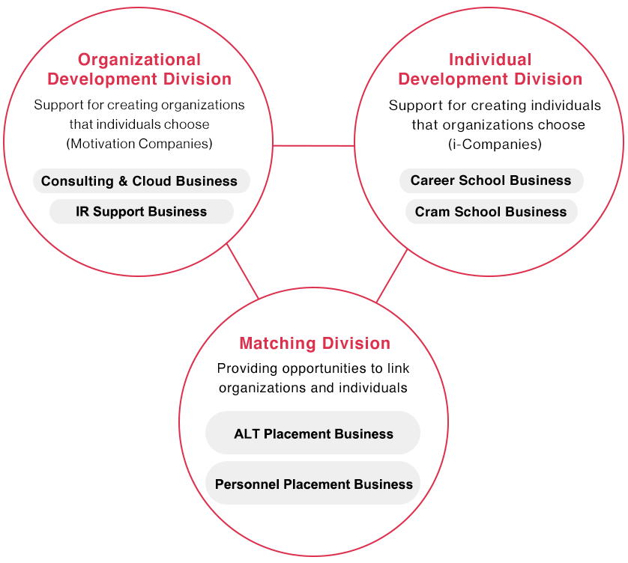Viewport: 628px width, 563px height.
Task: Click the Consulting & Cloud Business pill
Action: (141, 181)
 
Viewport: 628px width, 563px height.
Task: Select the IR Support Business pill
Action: (141, 212)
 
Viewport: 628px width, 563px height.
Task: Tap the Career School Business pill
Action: (491, 181)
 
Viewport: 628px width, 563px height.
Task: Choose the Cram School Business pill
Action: (491, 212)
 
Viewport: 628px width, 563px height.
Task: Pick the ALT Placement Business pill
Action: (313, 433)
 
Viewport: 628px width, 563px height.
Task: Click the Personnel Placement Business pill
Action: (313, 484)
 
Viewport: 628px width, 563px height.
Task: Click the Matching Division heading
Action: (315, 344)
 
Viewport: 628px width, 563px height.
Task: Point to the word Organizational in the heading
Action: (139, 60)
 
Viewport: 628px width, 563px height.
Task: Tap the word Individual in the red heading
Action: (490, 60)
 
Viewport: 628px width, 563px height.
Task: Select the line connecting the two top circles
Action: (313, 145)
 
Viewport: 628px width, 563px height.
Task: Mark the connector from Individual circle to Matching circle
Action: (392, 275)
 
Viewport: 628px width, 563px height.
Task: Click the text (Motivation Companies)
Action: (139, 144)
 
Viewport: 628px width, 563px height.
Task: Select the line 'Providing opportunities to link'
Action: (313, 368)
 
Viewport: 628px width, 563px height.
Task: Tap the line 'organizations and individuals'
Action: (313, 388)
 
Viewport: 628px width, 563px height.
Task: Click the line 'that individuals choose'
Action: (139, 124)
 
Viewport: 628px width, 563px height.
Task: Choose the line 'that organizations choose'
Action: (498, 124)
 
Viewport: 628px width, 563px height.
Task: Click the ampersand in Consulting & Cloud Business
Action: (124, 181)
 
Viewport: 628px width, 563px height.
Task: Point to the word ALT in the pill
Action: (247, 433)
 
